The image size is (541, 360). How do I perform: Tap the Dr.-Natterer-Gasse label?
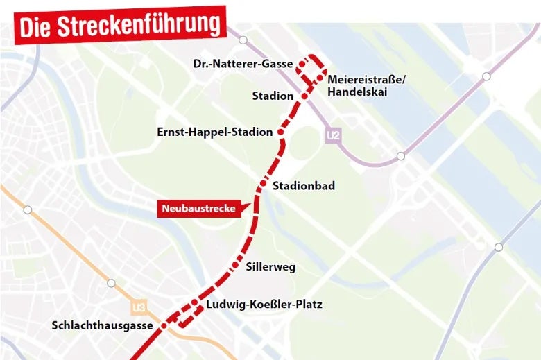click(x=243, y=64)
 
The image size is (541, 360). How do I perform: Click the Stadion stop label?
click(x=273, y=96)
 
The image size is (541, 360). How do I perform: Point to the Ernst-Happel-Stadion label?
click(x=214, y=132)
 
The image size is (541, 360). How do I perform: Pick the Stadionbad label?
click(x=304, y=186)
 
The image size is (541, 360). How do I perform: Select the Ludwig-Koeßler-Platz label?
click(x=264, y=305)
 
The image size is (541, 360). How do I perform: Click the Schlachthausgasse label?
click(x=105, y=326)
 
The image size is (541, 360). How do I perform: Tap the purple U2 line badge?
click(x=334, y=136)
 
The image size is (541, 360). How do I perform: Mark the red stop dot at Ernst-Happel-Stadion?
click(x=281, y=132)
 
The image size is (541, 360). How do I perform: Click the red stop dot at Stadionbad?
click(x=263, y=185)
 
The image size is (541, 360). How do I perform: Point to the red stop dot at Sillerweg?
click(x=235, y=266)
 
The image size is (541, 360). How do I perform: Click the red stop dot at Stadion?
click(x=304, y=96)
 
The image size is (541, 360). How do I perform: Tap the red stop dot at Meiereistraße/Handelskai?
click(x=319, y=77)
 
